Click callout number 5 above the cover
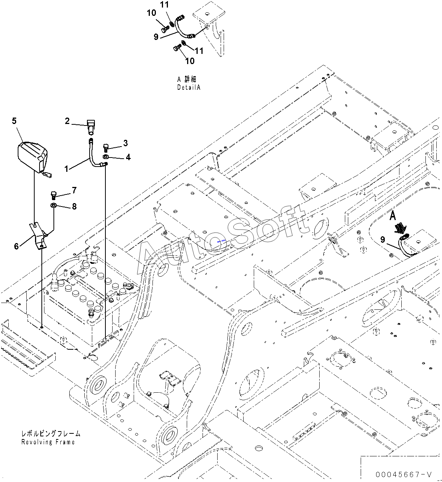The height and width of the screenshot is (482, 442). (14, 121)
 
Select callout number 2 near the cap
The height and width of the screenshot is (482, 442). (67, 121)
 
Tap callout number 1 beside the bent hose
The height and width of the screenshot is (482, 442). (67, 169)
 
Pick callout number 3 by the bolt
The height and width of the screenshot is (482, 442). (125, 143)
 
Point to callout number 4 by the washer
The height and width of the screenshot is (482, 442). (128, 157)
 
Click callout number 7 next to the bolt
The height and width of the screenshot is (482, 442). (74, 190)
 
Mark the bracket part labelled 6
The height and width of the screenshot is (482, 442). (38, 236)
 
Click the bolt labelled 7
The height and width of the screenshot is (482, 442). (53, 195)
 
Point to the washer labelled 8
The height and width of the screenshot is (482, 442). (54, 205)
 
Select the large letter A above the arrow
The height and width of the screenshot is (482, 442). (393, 216)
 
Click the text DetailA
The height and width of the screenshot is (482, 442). (189, 87)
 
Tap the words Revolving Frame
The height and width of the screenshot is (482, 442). (48, 442)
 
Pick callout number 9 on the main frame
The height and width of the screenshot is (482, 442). (383, 239)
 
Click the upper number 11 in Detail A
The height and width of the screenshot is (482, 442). (165, 5)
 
